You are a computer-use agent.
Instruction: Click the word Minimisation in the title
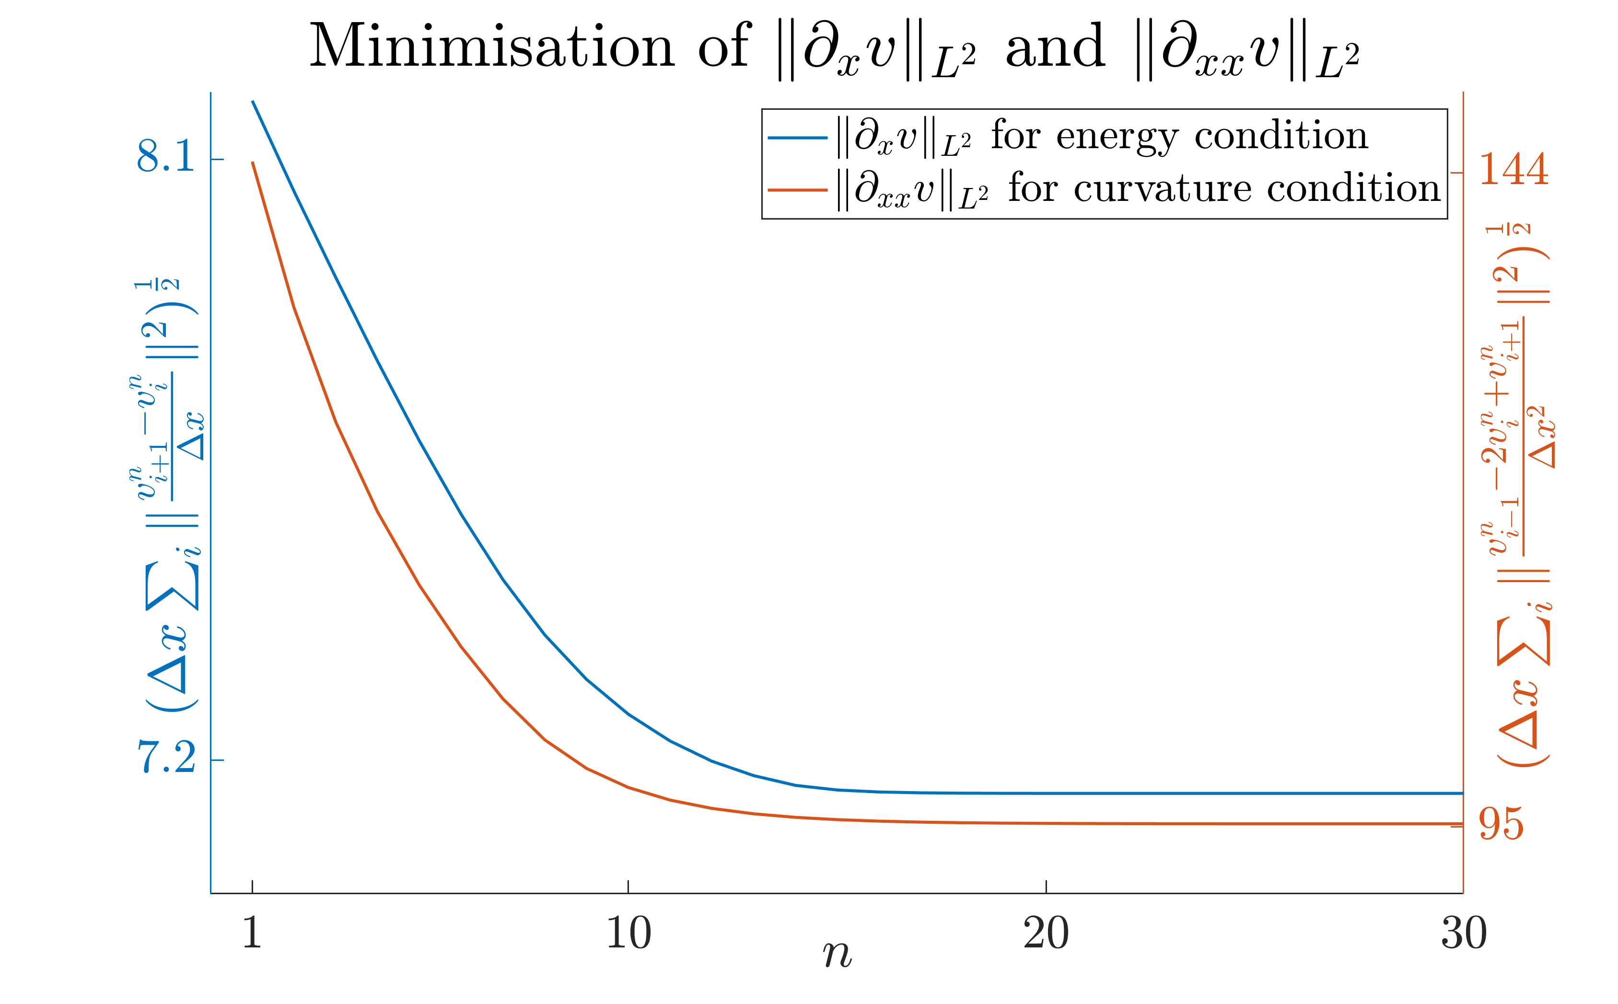point(492,47)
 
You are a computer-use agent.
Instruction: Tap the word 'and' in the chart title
point(1055,47)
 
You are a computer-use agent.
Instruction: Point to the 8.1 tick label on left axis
point(166,157)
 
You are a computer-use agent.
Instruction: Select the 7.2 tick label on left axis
point(166,758)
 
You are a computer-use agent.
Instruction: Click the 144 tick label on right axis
point(1513,170)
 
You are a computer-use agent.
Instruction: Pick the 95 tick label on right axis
point(1501,825)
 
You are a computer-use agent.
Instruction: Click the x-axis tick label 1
point(252,934)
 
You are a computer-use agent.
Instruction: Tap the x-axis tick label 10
point(628,934)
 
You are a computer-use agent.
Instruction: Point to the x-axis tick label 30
point(1463,934)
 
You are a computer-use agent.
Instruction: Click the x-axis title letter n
point(837,956)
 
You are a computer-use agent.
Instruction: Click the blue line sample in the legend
point(797,138)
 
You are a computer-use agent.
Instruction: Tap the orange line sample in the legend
point(797,190)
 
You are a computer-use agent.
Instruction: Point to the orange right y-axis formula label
point(1520,495)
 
